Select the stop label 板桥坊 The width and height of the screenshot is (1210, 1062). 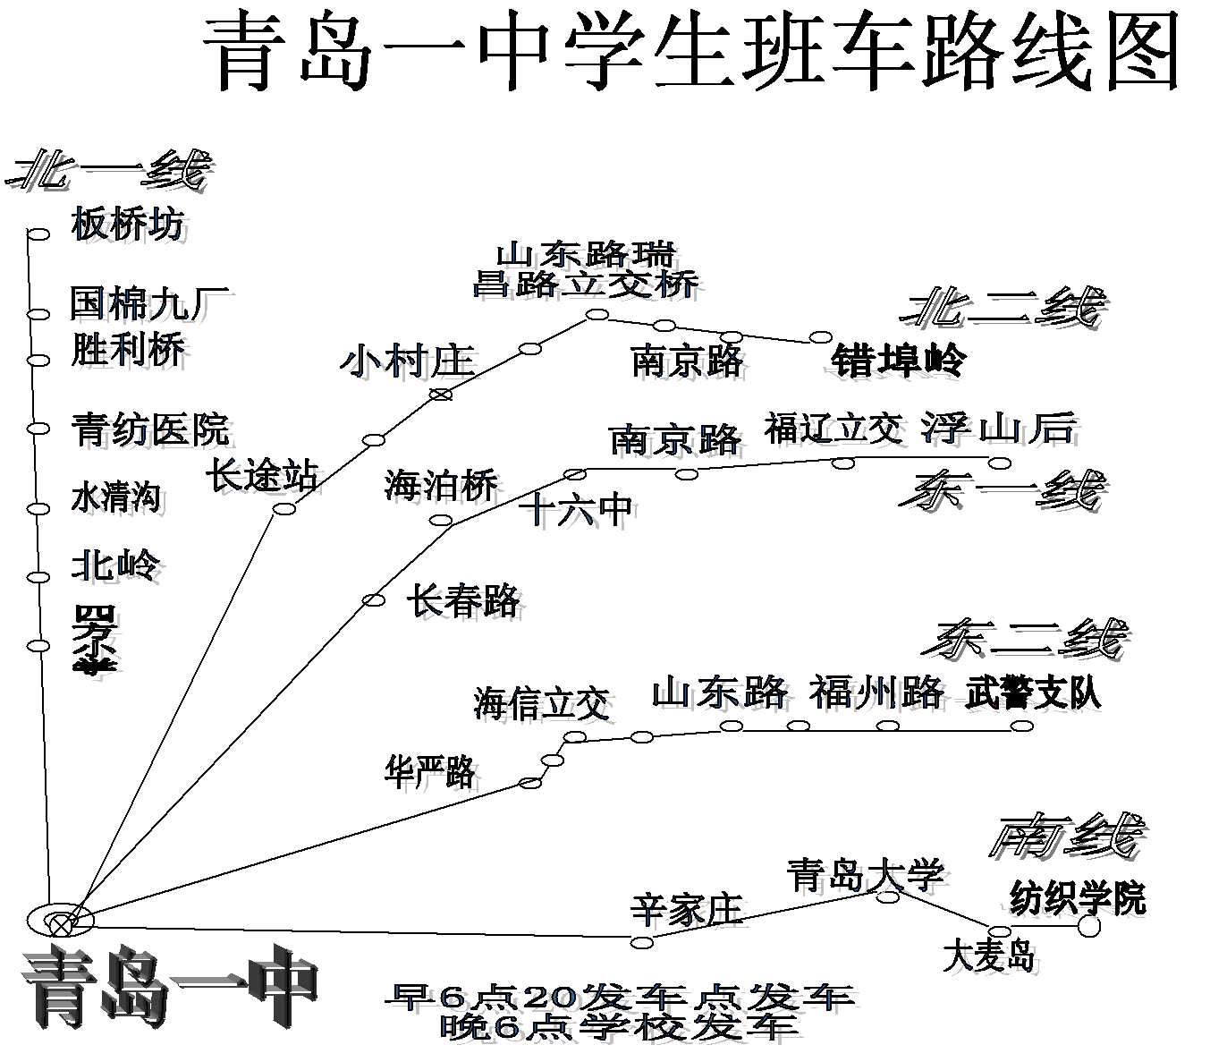coord(128,224)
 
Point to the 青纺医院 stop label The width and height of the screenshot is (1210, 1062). coord(150,429)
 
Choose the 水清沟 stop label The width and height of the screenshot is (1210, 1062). coord(115,497)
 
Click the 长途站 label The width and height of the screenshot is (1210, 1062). coord(262,474)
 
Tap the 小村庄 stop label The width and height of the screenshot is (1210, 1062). coord(407,362)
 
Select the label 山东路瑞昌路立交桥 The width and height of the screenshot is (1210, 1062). coord(586,268)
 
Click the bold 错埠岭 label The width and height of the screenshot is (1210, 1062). coord(899,361)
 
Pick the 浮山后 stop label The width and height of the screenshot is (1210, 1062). coord(999,429)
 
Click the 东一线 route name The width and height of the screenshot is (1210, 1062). coord(1002,490)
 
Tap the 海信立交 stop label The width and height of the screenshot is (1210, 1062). coord(541,704)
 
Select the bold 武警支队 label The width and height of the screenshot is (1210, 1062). coord(1033,693)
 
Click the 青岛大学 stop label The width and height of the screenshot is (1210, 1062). coord(865,874)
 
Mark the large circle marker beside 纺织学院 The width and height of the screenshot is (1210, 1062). coord(1088,926)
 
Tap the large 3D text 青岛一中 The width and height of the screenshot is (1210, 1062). coord(170,989)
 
